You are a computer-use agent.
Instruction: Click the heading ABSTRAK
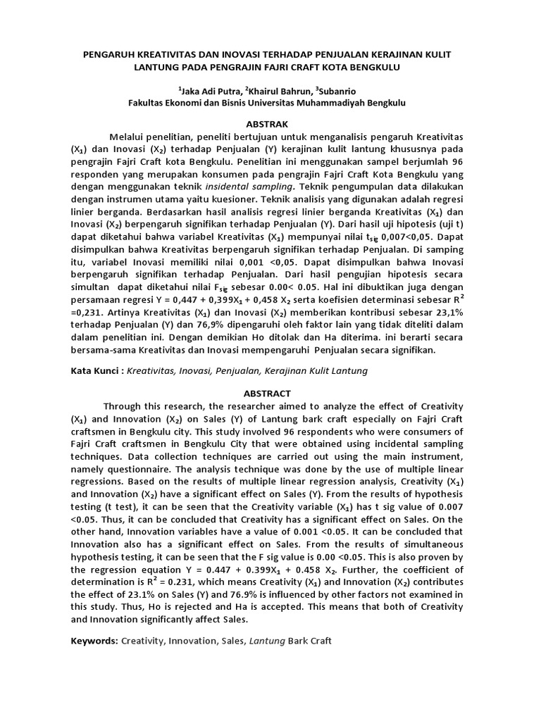tap(270, 123)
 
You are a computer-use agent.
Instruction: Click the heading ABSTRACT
tap(270, 394)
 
